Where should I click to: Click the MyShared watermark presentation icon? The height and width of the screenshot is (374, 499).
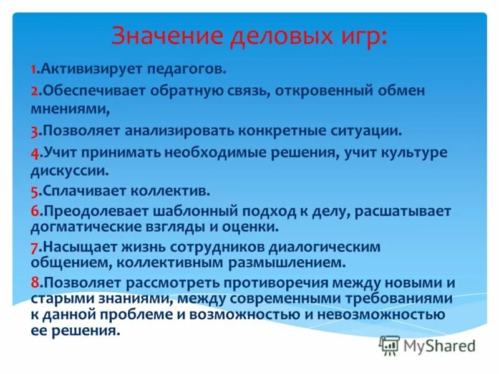[390, 344]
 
